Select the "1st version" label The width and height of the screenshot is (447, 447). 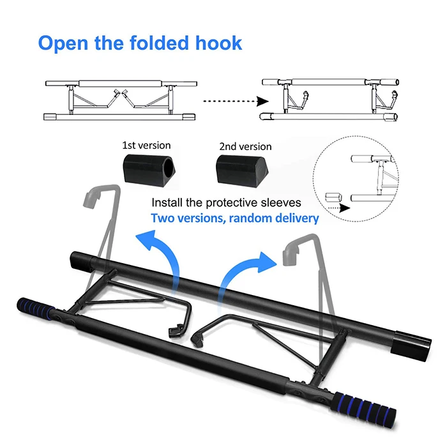(x=146, y=145)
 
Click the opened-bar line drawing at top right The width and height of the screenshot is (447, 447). (x=331, y=99)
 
